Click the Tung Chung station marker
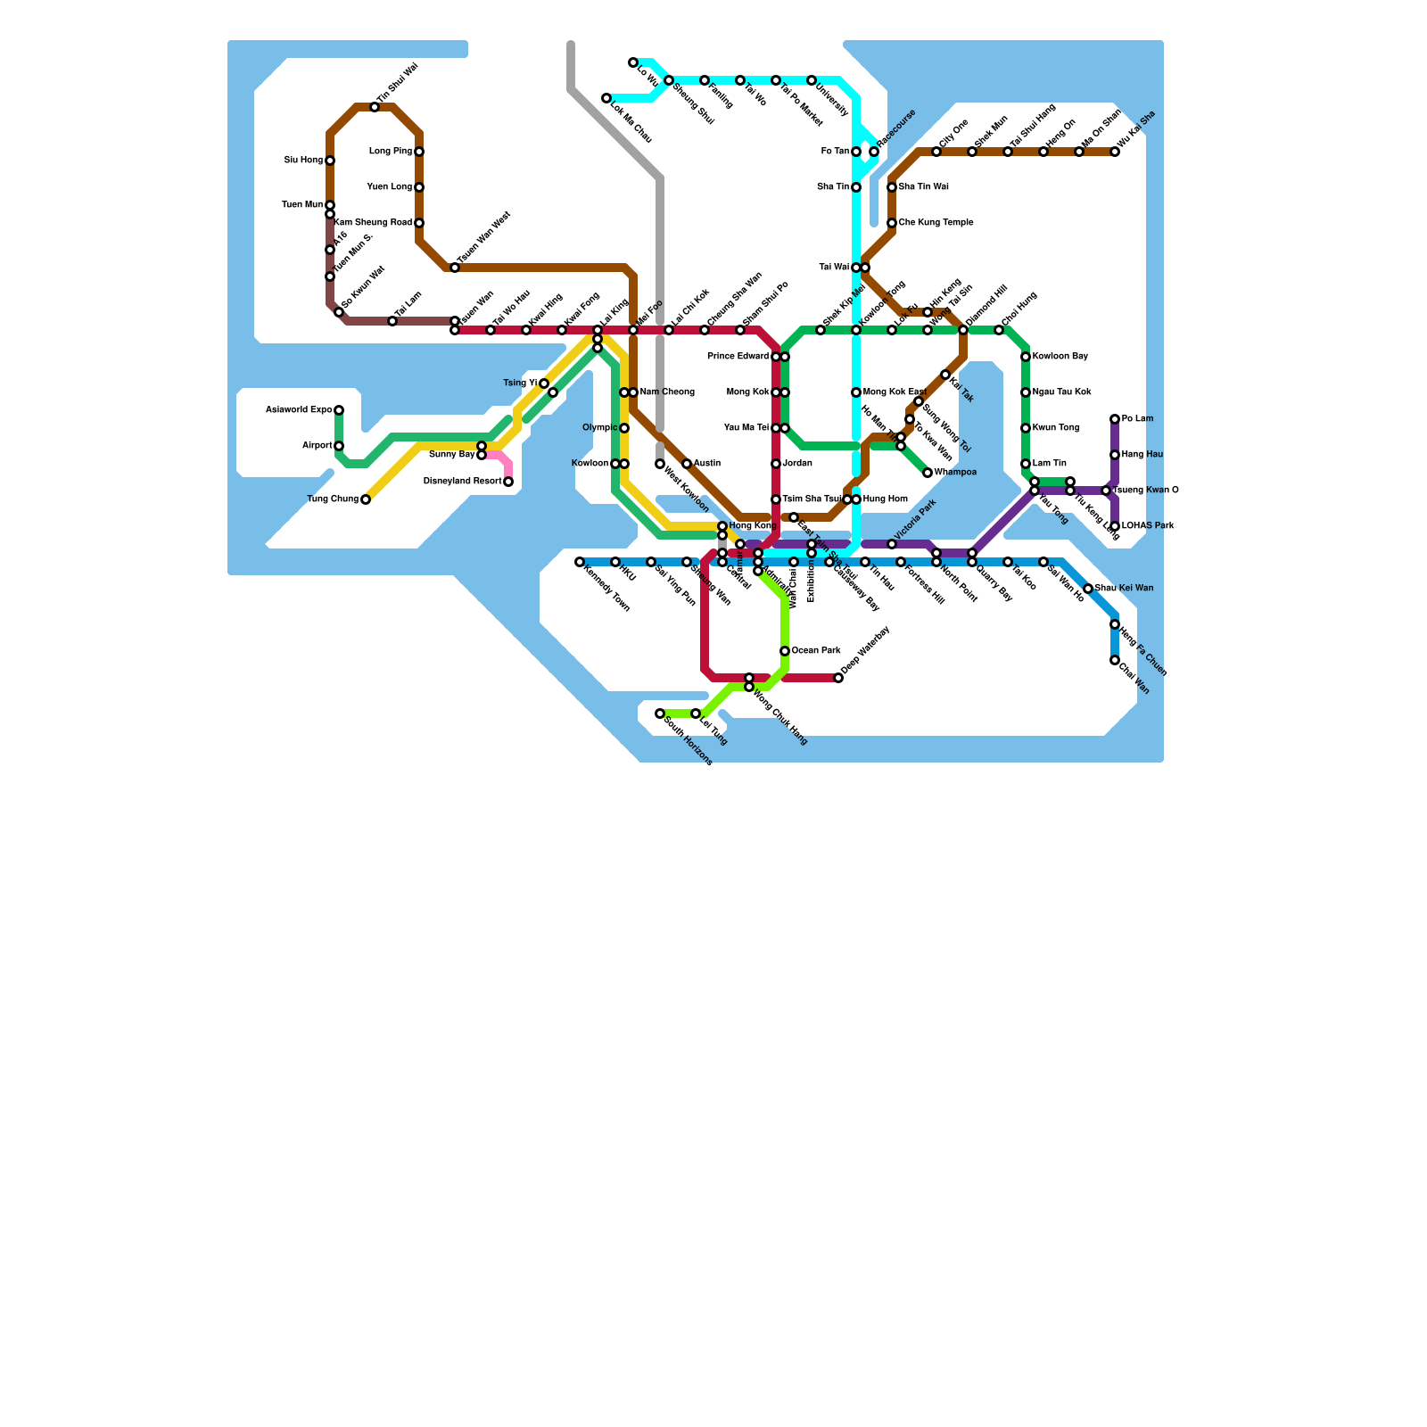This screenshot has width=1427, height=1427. pyautogui.click(x=366, y=499)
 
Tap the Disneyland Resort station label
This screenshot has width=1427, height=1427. pyautogui.click(x=462, y=482)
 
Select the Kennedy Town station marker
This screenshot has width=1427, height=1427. pyautogui.click(x=580, y=562)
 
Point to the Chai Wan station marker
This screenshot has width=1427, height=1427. pyautogui.click(x=1115, y=660)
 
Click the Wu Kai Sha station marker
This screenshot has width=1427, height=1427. pyautogui.click(x=1115, y=152)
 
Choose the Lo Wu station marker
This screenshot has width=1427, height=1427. pyautogui.click(x=633, y=62)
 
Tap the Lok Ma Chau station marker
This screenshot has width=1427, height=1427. pyautogui.click(x=606, y=98)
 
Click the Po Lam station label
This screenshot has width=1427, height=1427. pyautogui.click(x=1137, y=419)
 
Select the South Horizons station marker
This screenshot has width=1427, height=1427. pyautogui.click(x=660, y=713)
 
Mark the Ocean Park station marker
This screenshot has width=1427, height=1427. pyautogui.click(x=785, y=651)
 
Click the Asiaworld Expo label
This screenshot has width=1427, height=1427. pyautogui.click(x=299, y=410)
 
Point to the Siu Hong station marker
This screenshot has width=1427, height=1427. pyautogui.click(x=330, y=161)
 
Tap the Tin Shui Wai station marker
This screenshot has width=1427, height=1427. pyautogui.click(x=375, y=107)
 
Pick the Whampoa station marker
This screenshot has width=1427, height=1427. pyautogui.click(x=928, y=473)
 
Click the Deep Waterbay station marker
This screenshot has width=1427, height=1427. pyautogui.click(x=838, y=678)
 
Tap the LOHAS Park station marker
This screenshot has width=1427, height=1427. pyautogui.click(x=1115, y=526)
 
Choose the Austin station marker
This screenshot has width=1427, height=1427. pyautogui.click(x=687, y=464)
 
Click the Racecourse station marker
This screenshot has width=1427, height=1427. pyautogui.click(x=874, y=152)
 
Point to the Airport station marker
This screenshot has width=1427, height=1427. pyautogui.click(x=339, y=446)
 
